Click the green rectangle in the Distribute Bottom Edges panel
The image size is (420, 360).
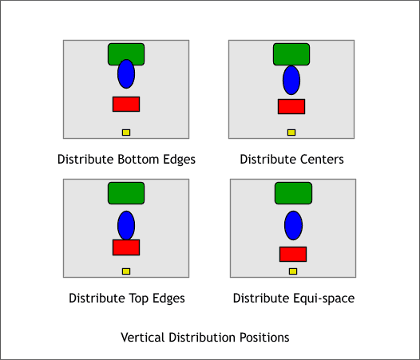126,51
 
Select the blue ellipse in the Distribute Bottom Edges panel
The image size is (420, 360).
126,74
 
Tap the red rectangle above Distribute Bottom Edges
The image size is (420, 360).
126,105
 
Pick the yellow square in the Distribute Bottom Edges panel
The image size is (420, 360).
126,133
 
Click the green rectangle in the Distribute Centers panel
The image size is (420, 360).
291,54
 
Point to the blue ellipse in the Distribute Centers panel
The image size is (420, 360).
291,81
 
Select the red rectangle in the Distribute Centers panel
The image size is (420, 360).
291,107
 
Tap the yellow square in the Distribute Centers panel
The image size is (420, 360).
291,133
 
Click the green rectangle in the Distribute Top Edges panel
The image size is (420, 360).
126,193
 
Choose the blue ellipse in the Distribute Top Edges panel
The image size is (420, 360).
126,225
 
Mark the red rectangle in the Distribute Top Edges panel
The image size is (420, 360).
126,247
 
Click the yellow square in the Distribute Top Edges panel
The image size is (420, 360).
126,271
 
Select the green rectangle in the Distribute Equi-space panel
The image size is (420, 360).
293,193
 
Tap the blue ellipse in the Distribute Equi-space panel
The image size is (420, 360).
293,226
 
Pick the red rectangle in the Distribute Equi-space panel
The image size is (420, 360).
293,254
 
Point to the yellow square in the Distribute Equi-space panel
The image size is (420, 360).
293,271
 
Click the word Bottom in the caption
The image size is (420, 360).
138,159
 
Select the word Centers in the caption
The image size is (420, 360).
322,159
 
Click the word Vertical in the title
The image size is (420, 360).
142,337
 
